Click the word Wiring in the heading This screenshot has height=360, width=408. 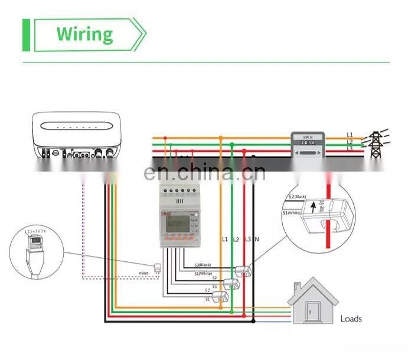click(x=84, y=34)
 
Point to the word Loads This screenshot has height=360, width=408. click(x=351, y=319)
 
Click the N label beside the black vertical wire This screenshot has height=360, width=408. click(x=257, y=239)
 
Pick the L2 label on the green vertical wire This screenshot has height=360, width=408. click(x=236, y=239)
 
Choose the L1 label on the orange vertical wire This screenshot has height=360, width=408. click(x=224, y=239)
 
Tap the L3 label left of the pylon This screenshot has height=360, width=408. click(x=350, y=148)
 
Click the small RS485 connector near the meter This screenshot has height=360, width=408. click(x=157, y=269)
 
